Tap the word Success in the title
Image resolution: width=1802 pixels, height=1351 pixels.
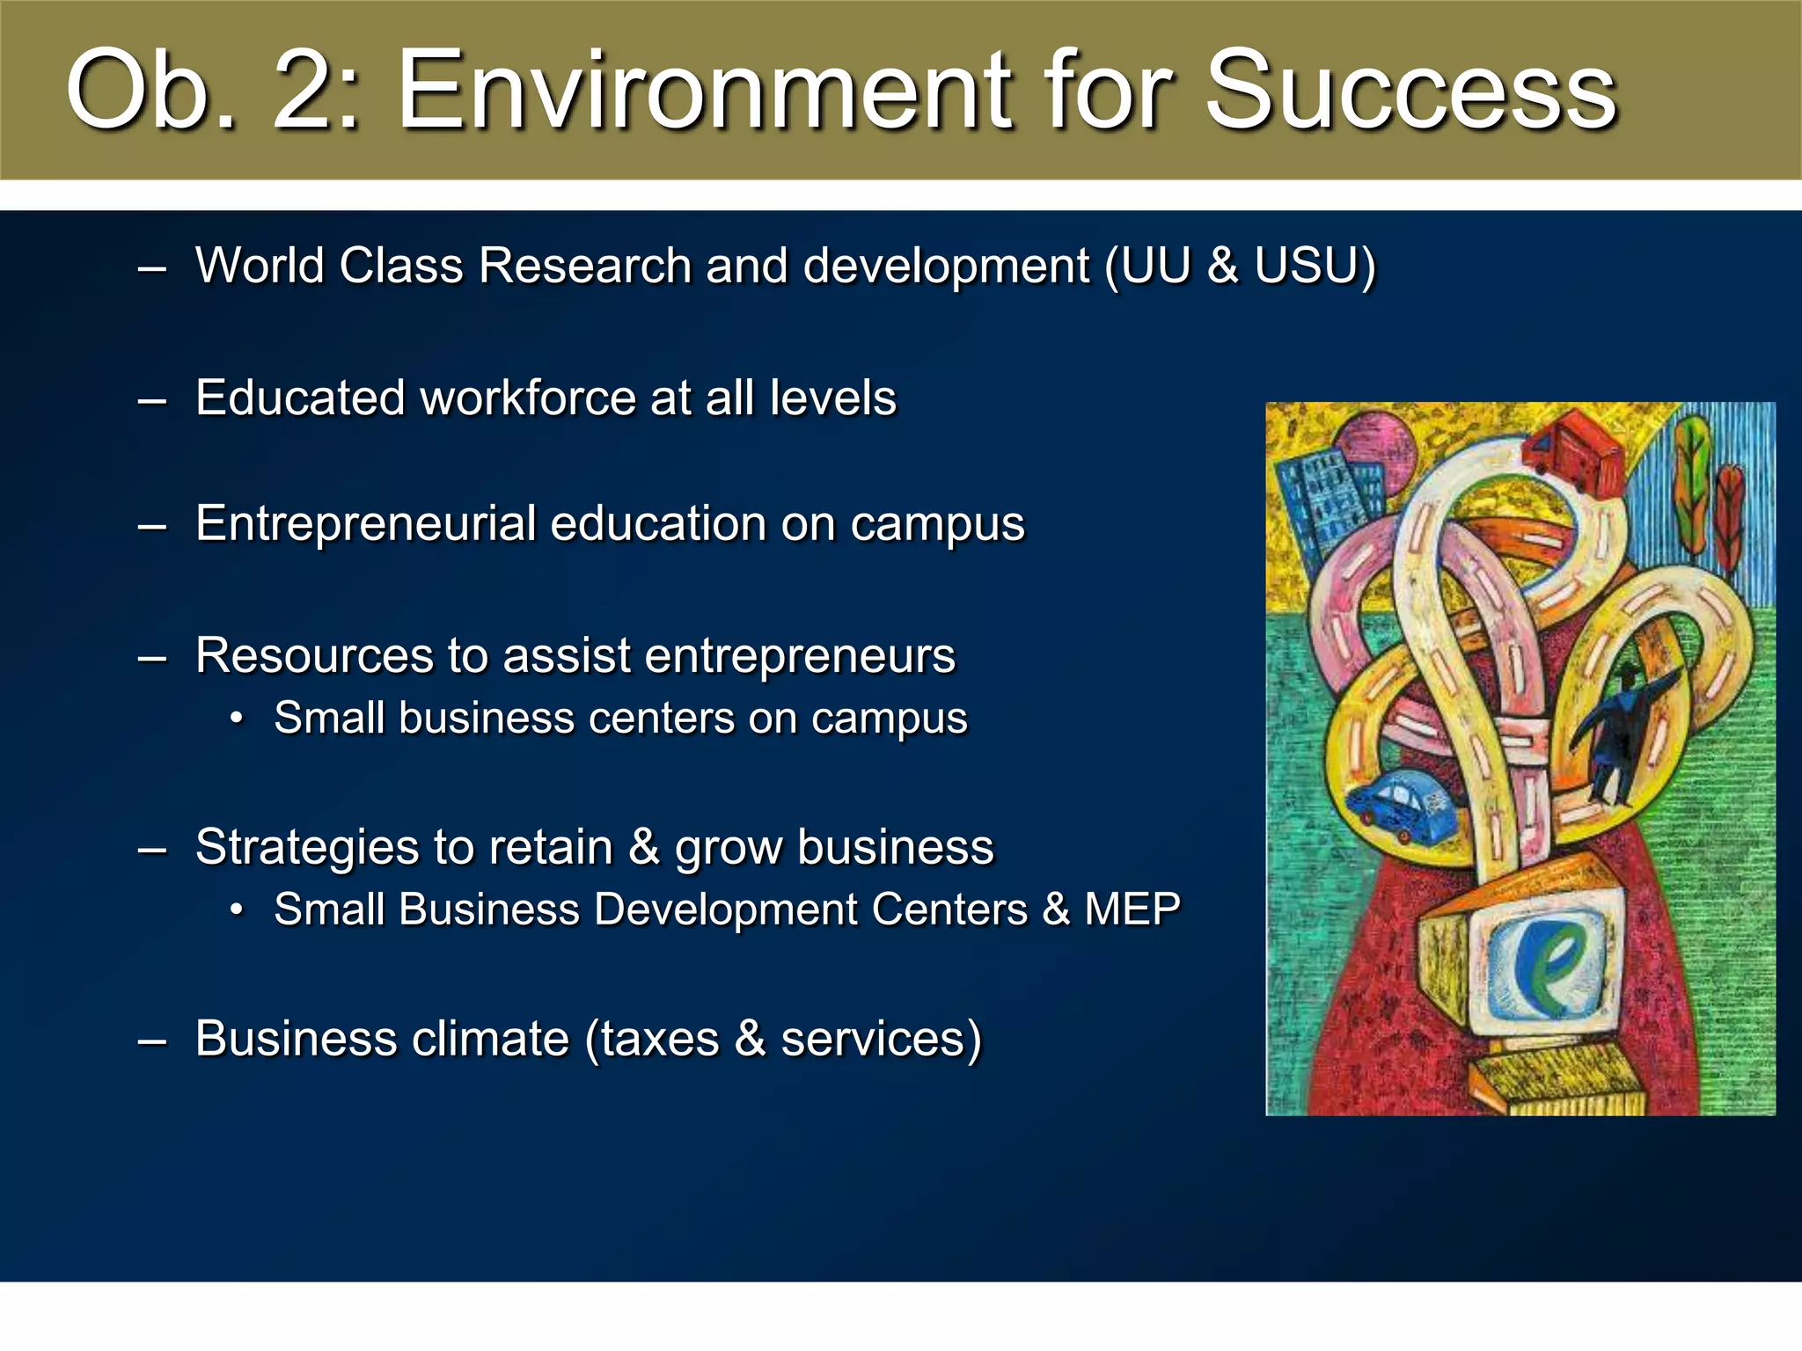coord(1410,91)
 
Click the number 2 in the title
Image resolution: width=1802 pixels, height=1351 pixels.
coord(311,91)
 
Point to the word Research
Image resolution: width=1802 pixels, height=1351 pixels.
coord(584,265)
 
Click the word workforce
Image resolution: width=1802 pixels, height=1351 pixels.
coord(529,398)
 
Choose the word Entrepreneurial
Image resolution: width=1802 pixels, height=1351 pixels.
coord(365,523)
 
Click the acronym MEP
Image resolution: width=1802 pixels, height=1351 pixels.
coord(1132,909)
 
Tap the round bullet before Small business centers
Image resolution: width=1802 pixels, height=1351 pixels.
coord(236,719)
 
